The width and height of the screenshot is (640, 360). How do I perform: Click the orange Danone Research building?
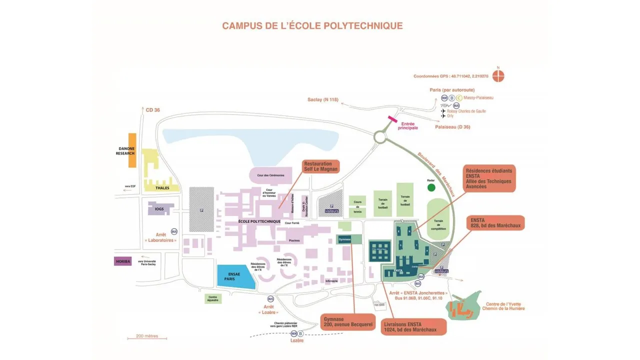click(132, 150)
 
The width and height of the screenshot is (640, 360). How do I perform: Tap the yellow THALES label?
click(162, 188)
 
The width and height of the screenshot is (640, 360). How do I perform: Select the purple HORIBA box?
click(122, 261)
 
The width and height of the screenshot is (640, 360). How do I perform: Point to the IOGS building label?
click(159, 209)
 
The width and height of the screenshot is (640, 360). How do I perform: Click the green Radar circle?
click(431, 187)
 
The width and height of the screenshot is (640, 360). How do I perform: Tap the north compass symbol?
click(498, 76)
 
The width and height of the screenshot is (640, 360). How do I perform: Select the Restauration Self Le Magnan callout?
click(321, 166)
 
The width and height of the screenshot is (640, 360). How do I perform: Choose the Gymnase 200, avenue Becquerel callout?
click(348, 322)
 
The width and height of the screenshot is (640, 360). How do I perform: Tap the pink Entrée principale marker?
click(392, 120)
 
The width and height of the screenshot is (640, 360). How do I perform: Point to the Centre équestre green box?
click(212, 298)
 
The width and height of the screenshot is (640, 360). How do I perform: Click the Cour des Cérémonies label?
click(270, 175)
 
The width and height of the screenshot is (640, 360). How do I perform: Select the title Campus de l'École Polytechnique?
click(312, 25)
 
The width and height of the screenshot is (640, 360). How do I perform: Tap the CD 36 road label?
click(152, 110)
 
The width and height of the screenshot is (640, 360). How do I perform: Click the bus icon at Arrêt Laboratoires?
click(174, 231)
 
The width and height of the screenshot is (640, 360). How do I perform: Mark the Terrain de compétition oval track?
click(439, 220)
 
